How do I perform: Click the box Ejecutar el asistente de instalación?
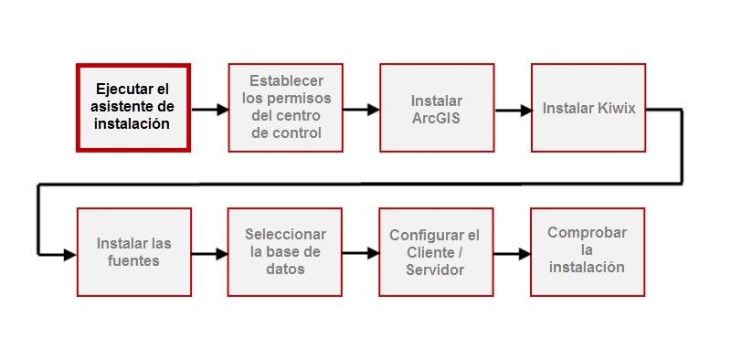pos(132,107)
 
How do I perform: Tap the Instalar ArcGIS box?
pos(437,108)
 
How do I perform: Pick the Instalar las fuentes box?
pos(133,252)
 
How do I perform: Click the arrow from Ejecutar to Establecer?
pos(209,110)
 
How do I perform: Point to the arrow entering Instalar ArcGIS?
pos(361,110)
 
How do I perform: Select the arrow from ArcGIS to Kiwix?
pos(514,110)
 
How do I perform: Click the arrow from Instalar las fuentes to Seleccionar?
pos(209,256)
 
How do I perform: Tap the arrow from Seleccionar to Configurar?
pos(361,256)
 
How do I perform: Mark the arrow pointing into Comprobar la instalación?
pos(512,256)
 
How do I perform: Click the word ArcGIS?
pos(436,117)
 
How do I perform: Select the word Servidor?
pos(436,270)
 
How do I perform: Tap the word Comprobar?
pos(588,233)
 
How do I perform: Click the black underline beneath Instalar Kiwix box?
pos(588,154)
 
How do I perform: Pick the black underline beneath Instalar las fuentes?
pos(134,298)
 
